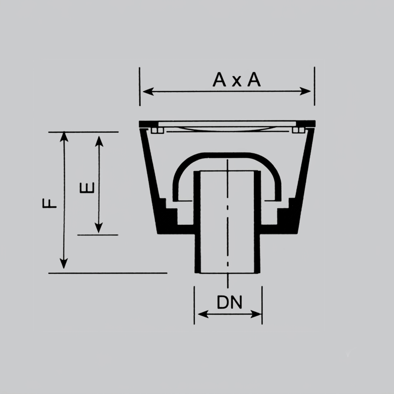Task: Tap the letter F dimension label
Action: point(50,203)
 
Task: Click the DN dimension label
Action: point(229,302)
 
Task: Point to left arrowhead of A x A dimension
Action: point(148,92)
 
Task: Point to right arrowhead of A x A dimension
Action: point(305,92)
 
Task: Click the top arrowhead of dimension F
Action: point(64,137)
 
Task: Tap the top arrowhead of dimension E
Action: point(99,141)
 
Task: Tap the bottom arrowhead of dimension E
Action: point(99,228)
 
